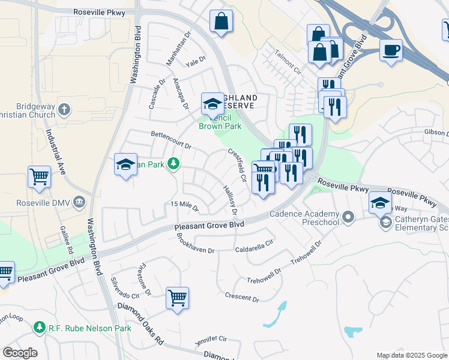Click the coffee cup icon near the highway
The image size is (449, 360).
(x=391, y=50)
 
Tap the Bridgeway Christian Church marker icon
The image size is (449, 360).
(x=65, y=109)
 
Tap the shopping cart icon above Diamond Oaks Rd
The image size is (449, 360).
(x=177, y=297)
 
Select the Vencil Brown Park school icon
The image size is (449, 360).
(x=211, y=104)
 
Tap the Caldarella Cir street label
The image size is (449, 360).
(x=254, y=246)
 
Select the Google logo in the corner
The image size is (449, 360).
(x=19, y=353)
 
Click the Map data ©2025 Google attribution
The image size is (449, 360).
(x=412, y=356)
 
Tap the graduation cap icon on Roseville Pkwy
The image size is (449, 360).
(x=380, y=203)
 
